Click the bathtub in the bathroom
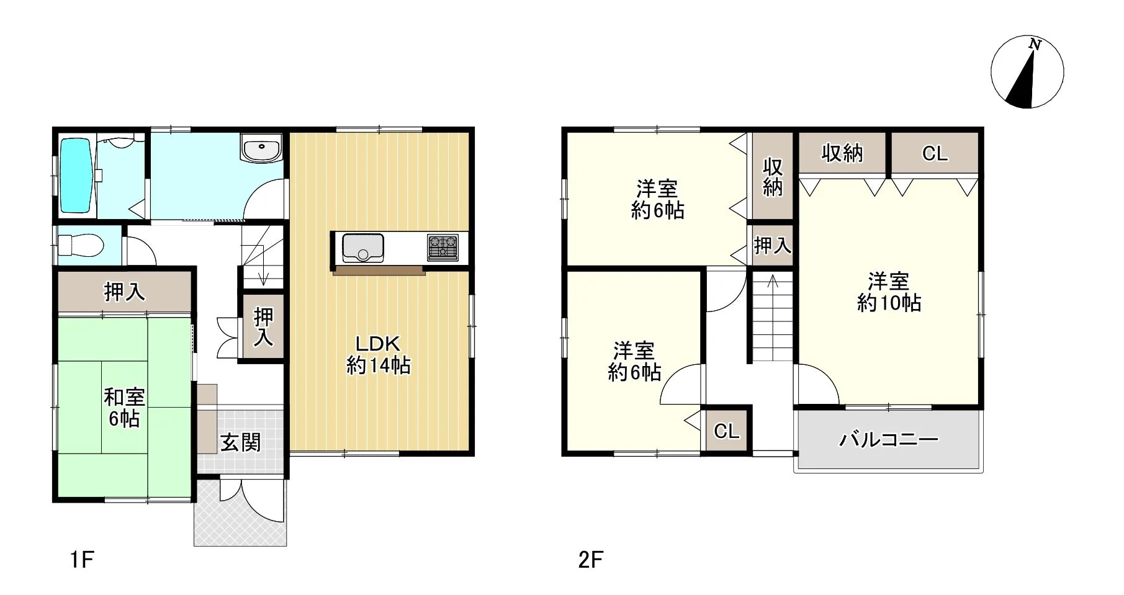click(76, 176)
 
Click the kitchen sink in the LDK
click(362, 248)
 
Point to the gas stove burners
click(443, 248)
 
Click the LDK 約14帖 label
click(378, 355)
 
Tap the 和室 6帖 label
click(124, 408)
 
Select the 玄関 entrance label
click(241, 442)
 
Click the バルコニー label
click(889, 440)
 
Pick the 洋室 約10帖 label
click(889, 292)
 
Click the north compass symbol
click(1027, 72)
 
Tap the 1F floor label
click(81, 560)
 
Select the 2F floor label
click(590, 560)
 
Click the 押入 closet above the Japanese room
click(124, 291)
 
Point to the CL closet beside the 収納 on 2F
click(935, 153)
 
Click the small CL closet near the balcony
click(727, 430)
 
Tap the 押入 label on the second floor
click(772, 246)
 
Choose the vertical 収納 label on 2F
click(773, 177)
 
